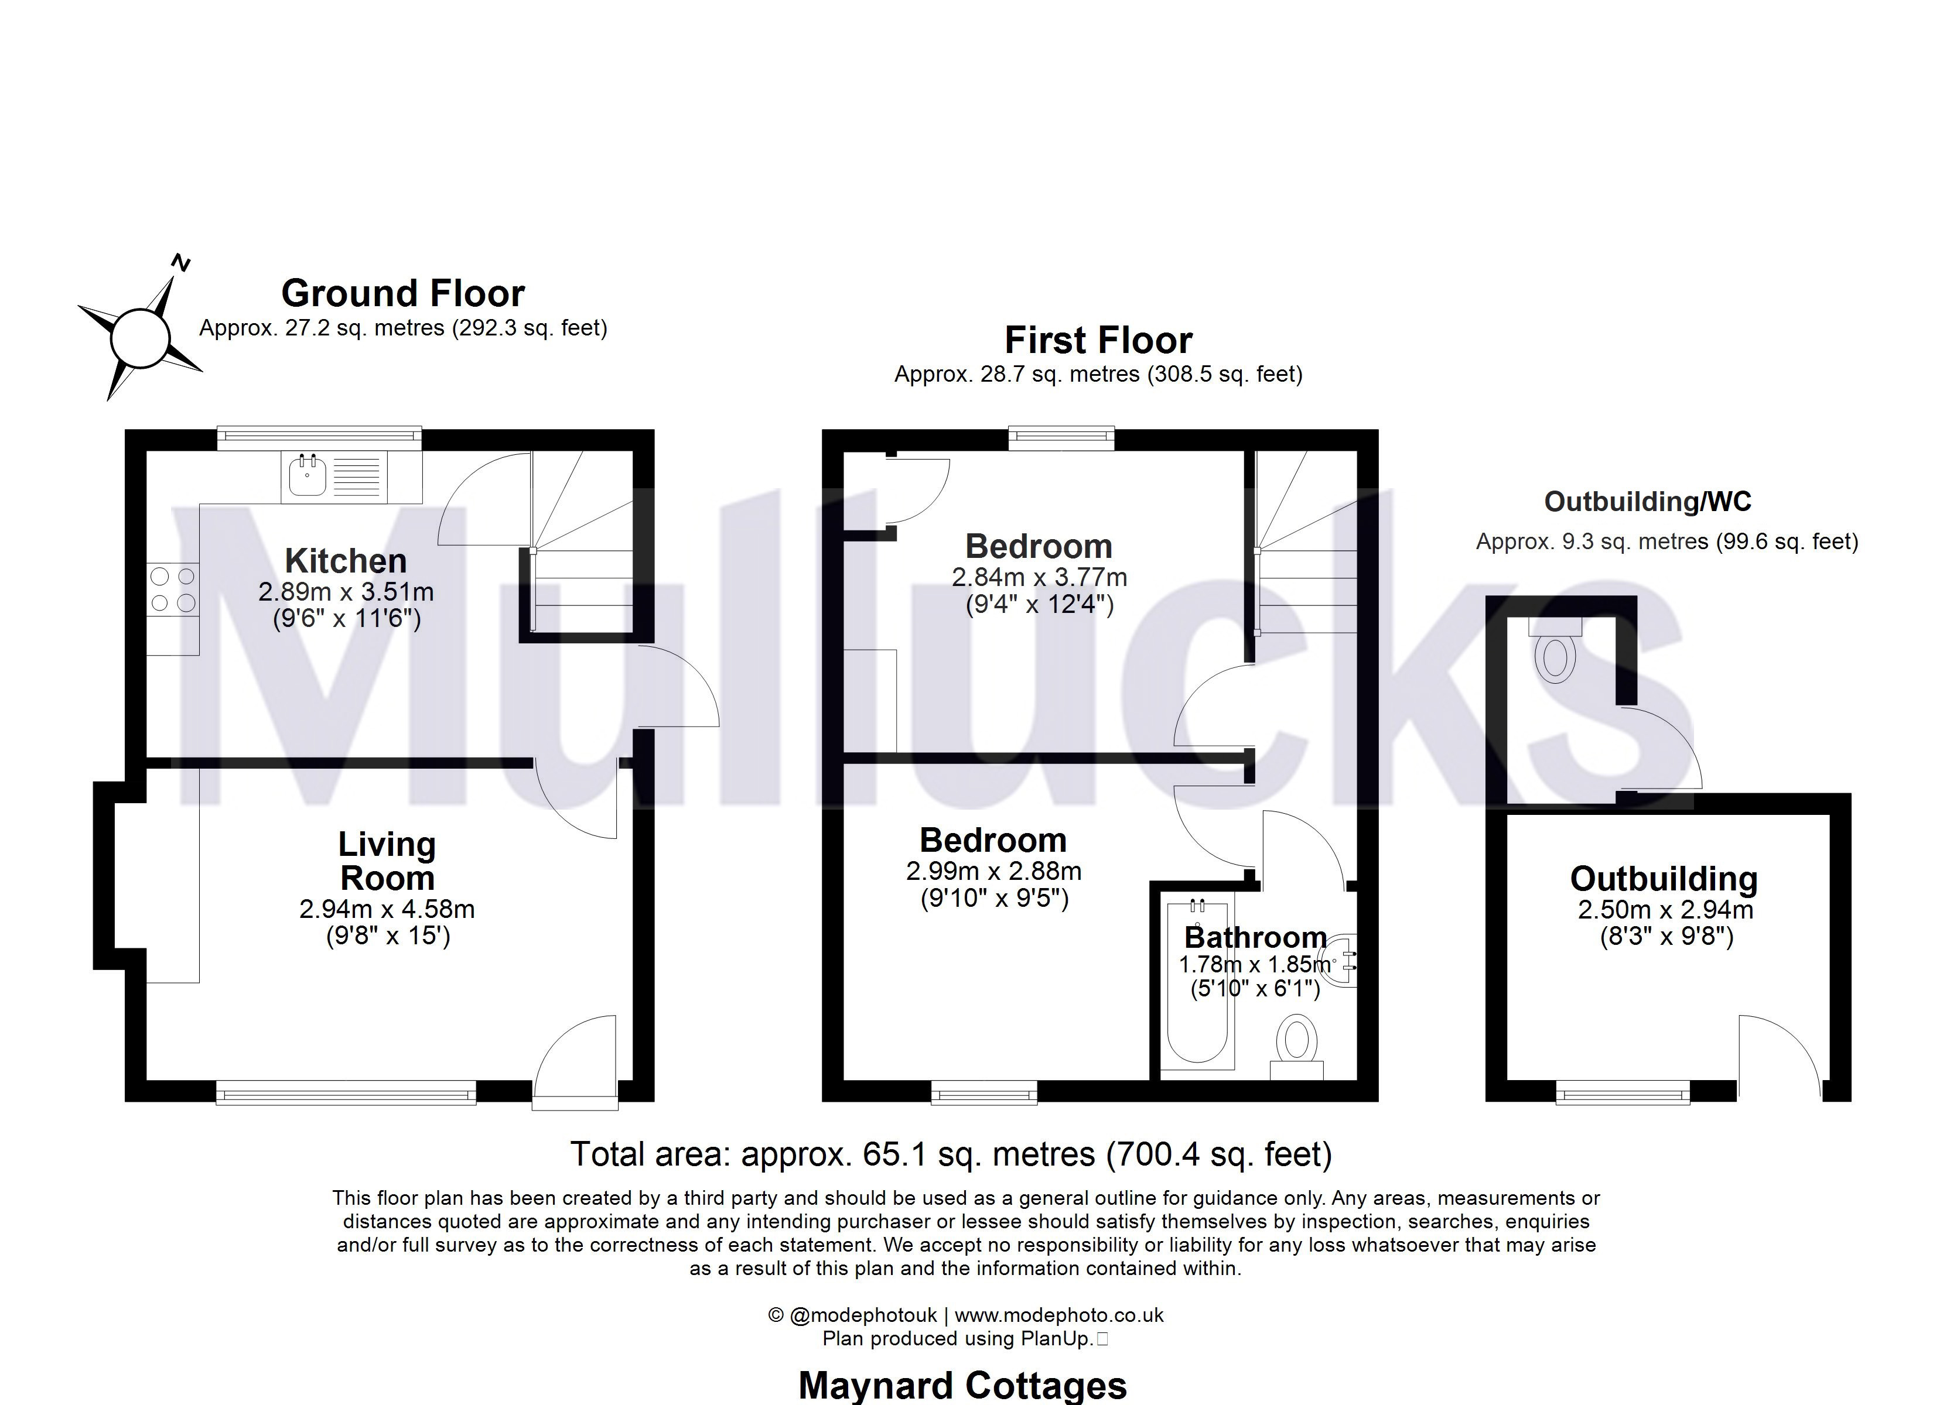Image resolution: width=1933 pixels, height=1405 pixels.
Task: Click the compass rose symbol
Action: pyautogui.click(x=141, y=337)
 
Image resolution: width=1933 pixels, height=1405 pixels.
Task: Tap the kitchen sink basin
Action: pyautogui.click(x=307, y=477)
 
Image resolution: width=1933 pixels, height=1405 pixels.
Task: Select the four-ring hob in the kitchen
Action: pyautogui.click(x=173, y=590)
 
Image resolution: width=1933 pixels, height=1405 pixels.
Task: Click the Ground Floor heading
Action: pyautogui.click(x=402, y=293)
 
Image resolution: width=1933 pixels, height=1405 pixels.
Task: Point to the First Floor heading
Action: pyautogui.click(x=1098, y=340)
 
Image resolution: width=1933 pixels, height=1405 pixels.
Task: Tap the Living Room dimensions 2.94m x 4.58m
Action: pyautogui.click(x=387, y=909)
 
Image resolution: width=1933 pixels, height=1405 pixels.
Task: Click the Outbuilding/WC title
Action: pyautogui.click(x=1648, y=501)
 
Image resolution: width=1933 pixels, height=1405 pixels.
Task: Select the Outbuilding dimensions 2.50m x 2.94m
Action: pyautogui.click(x=1665, y=910)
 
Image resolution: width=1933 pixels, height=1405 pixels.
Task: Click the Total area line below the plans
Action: pyautogui.click(x=950, y=1154)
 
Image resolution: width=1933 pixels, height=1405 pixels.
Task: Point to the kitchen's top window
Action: pyautogui.click(x=320, y=437)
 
